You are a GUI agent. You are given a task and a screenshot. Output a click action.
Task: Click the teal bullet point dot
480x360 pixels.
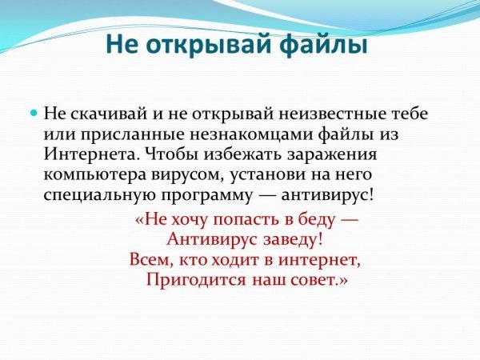click(34, 114)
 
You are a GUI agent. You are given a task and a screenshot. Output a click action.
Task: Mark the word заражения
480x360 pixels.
click(333, 155)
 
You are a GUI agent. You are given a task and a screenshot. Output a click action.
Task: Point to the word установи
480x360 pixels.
click(268, 174)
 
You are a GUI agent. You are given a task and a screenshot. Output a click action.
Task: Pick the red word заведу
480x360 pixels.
click(292, 239)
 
